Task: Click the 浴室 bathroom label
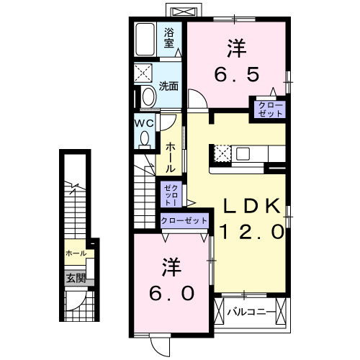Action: click(x=169, y=37)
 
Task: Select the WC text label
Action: click(x=144, y=122)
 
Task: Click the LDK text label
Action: click(x=249, y=207)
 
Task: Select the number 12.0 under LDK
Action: click(x=249, y=232)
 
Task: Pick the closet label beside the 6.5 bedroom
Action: click(x=267, y=109)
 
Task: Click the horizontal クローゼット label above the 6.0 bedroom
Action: click(x=184, y=220)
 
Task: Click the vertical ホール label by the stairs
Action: click(x=170, y=156)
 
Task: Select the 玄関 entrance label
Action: click(x=76, y=277)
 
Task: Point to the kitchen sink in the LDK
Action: click(x=242, y=153)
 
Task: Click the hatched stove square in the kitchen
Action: click(x=221, y=153)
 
